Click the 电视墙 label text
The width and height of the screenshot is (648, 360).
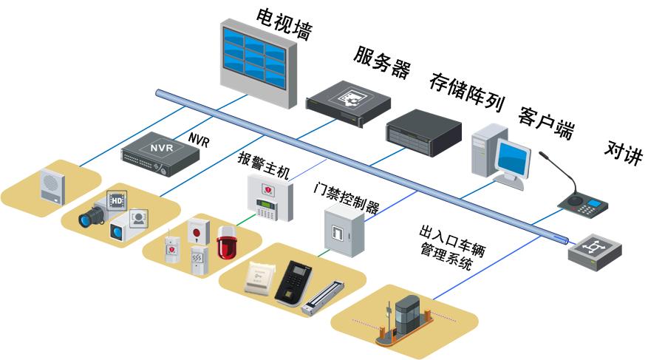(x=284, y=24)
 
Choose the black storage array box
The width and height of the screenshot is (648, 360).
(x=423, y=133)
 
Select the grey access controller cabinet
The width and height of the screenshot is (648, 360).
(x=343, y=231)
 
